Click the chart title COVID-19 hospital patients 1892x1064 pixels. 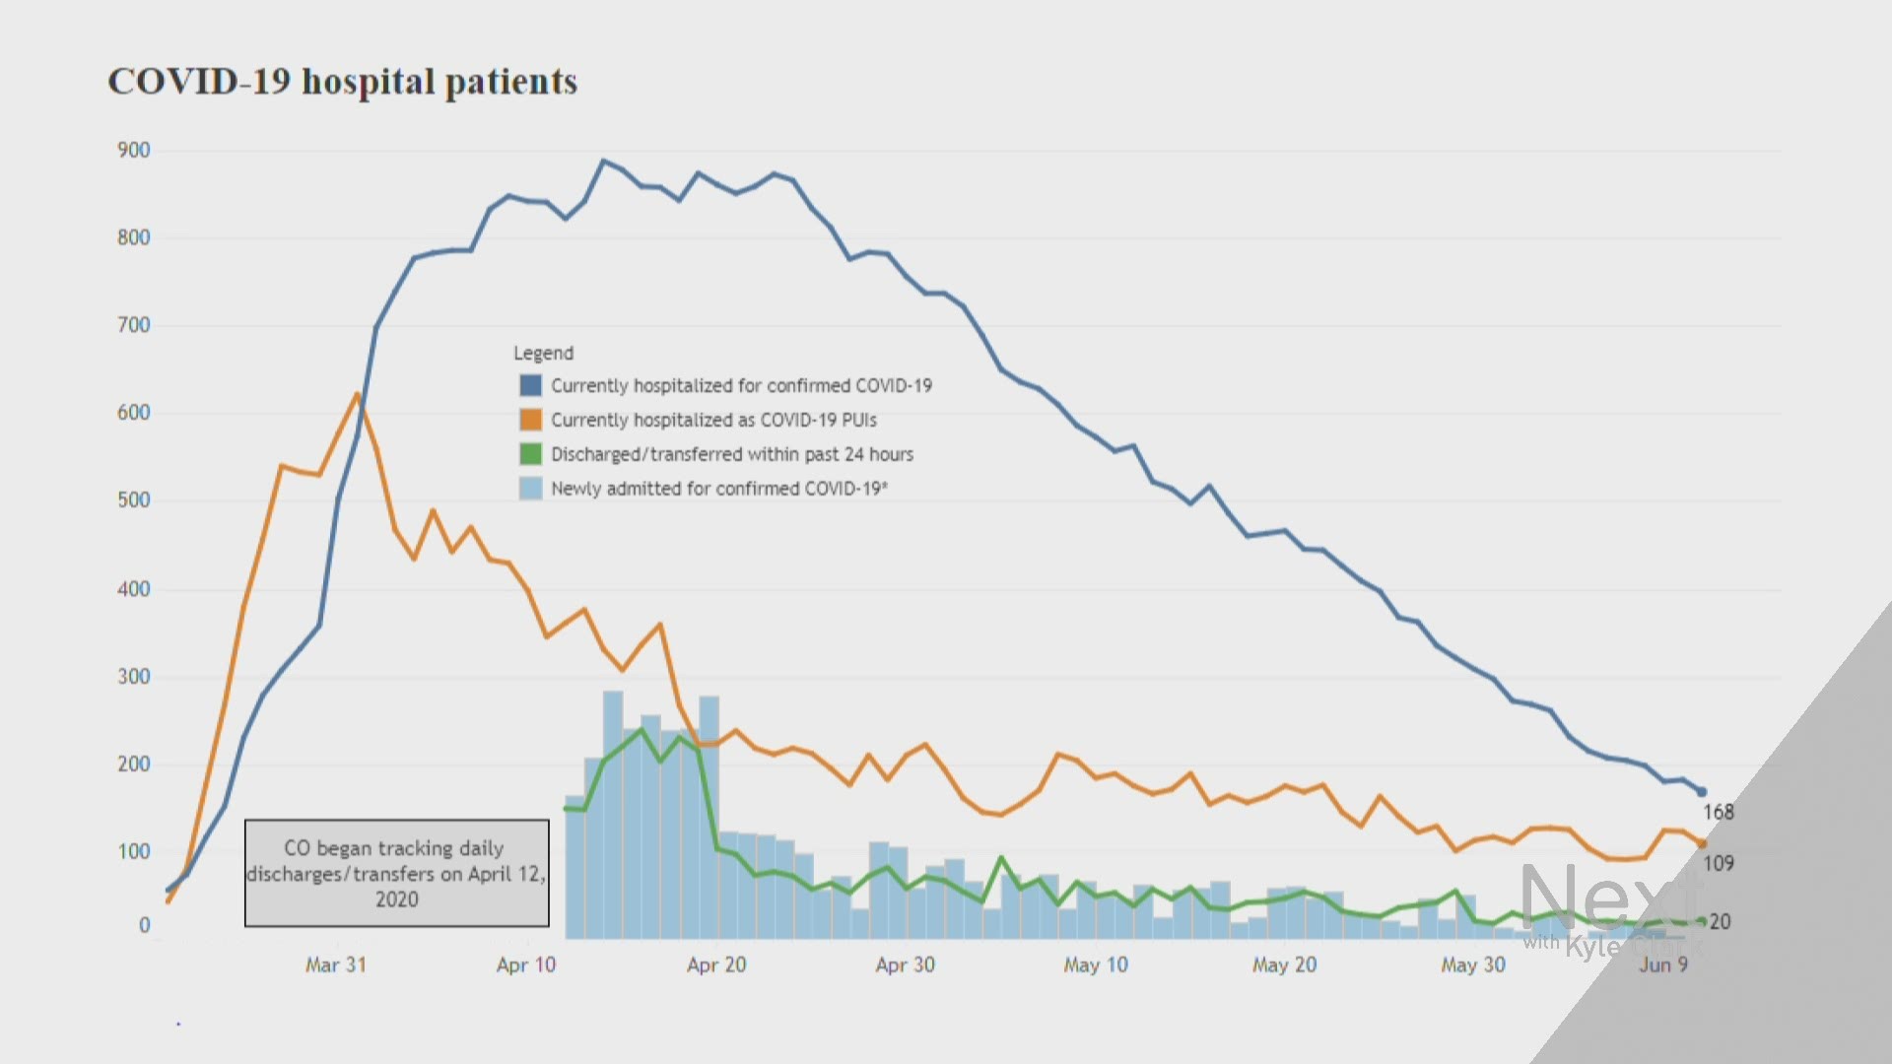pos(342,82)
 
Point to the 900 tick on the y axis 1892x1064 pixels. pos(134,151)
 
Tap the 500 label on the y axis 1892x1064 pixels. pos(134,500)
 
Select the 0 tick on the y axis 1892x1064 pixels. pos(145,926)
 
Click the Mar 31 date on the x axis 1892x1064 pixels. pos(336,965)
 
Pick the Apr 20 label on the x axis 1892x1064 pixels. pos(716,965)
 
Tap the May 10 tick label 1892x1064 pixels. pos(1096,965)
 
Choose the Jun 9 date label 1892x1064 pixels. pos(1663,965)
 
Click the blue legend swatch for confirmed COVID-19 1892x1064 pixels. pos(531,385)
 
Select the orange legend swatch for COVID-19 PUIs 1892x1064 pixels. pos(531,420)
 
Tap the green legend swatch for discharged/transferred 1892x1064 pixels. pos(531,454)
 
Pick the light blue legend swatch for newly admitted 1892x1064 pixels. pos(531,489)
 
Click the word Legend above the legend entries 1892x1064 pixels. pos(543,353)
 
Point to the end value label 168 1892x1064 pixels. pos(1719,813)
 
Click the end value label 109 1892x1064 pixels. pos(1719,864)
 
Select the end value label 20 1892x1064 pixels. pos(1720,922)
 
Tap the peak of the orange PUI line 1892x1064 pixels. pos(357,394)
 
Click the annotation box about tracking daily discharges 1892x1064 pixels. pos(397,873)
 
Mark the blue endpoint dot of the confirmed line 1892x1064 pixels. pos(1701,792)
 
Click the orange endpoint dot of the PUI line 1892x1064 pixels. pos(1702,844)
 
